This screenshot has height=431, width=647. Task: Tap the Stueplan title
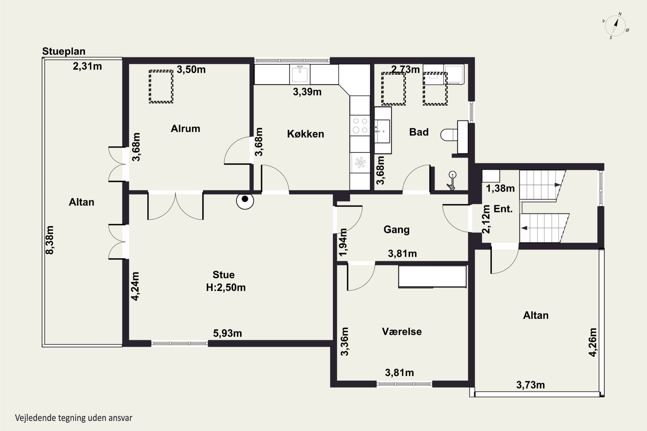coord(64,52)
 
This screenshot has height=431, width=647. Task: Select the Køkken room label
coord(305,134)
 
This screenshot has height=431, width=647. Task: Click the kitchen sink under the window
coord(300,74)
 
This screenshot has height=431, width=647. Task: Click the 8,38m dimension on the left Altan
coord(50,240)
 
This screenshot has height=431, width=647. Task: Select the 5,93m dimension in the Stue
coord(228,333)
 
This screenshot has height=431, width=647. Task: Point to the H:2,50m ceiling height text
coord(226,287)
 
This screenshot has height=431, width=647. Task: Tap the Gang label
coord(396,230)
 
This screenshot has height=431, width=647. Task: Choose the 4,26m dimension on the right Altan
coord(593,342)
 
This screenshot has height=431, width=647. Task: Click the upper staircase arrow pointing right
coord(557,185)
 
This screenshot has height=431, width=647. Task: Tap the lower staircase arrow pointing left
coord(524,228)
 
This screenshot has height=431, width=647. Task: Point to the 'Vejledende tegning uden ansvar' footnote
coord(74,418)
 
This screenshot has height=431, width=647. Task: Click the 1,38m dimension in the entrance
coord(500,188)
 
